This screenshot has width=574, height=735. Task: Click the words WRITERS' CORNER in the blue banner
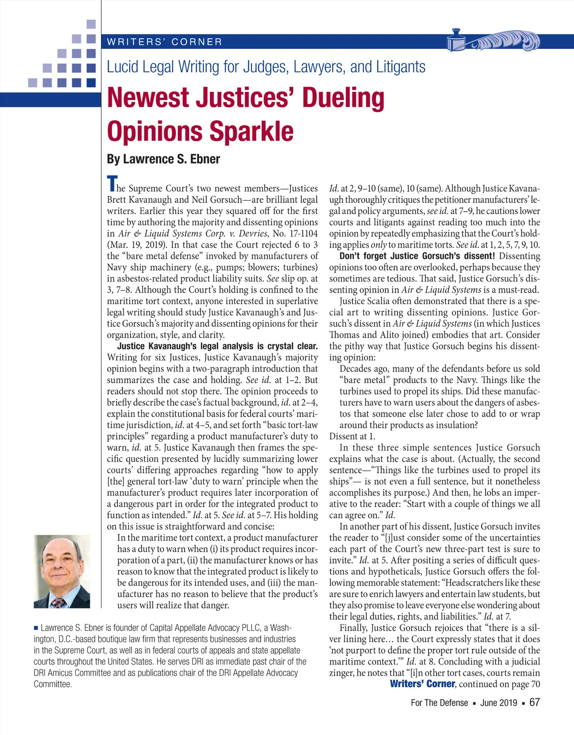(x=165, y=42)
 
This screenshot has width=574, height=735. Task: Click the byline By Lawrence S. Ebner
(x=163, y=159)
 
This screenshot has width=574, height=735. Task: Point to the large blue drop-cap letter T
(x=112, y=183)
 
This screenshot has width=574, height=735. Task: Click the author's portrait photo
(x=62, y=571)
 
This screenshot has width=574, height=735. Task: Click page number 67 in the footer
(x=534, y=702)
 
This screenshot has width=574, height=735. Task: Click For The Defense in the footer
(x=439, y=703)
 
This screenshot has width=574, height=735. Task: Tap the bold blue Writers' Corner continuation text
(x=422, y=684)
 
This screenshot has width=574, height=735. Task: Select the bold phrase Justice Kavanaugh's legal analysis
(x=191, y=346)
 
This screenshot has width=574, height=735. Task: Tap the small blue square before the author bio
(x=36, y=628)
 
